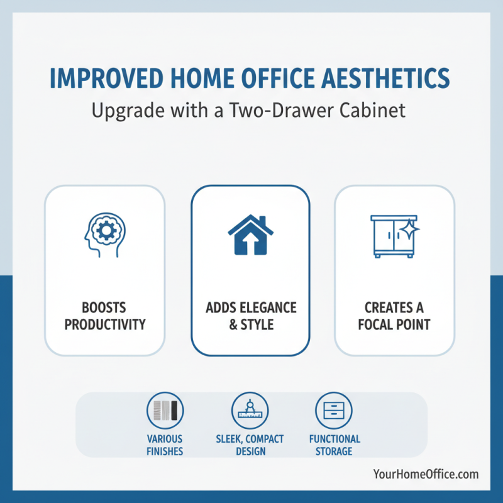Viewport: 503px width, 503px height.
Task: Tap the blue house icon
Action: pos(250,235)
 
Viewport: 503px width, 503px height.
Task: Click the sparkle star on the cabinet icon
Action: pos(409,228)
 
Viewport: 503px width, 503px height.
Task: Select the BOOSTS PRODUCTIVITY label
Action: pos(104,316)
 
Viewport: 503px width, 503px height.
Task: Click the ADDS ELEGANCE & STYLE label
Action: pos(250,316)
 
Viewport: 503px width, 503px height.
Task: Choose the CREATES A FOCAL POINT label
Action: pos(394,316)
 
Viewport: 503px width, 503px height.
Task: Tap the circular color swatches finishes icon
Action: pos(165,410)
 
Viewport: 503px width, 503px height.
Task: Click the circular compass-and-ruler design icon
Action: pos(250,410)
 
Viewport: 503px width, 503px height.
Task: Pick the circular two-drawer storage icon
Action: pos(333,410)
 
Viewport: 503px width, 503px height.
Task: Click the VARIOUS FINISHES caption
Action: pos(165,445)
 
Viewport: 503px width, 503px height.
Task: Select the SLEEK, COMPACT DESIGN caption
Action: pos(250,445)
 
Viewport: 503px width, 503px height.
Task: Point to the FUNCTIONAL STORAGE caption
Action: pos(334,445)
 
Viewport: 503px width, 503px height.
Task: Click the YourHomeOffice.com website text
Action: pos(426,474)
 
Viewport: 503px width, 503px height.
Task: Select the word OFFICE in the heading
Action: pos(285,78)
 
